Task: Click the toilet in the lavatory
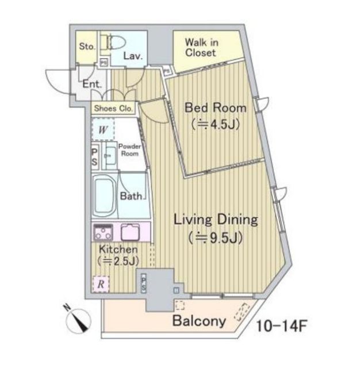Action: click(x=113, y=42)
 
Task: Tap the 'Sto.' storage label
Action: click(x=87, y=46)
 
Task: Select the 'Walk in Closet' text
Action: click(x=201, y=48)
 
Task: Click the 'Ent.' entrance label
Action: click(x=92, y=84)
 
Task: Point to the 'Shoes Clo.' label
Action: click(x=113, y=109)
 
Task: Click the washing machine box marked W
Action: click(x=104, y=129)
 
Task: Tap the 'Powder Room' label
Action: click(x=129, y=150)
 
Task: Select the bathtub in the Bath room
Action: click(x=105, y=195)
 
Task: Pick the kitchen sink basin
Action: click(x=131, y=232)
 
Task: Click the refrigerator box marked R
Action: click(x=101, y=284)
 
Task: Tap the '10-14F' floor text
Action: click(x=282, y=326)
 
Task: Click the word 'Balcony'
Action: click(x=199, y=321)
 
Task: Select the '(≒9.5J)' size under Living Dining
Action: click(x=216, y=238)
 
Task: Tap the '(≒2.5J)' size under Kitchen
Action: click(x=118, y=261)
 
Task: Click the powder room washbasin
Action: click(x=110, y=156)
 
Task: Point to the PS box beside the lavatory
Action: click(x=104, y=63)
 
